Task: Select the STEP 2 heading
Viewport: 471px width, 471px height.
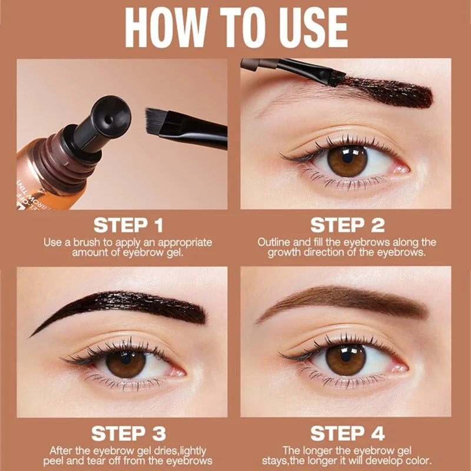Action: (347, 225)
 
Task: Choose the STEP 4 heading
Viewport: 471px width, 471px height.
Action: (347, 434)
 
